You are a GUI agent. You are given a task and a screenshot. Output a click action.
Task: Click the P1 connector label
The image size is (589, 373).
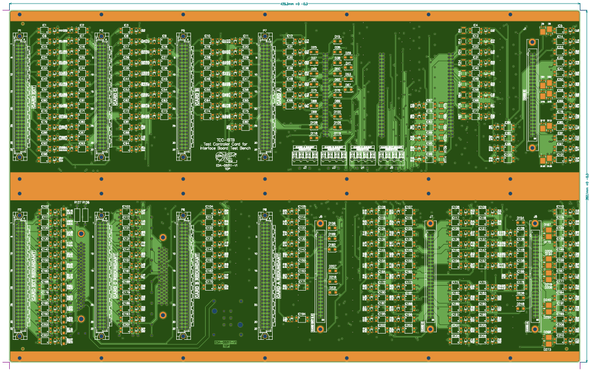(20, 30)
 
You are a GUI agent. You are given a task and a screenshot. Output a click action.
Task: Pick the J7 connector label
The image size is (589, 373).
(431, 217)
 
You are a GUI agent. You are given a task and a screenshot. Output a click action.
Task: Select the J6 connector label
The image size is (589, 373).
(321, 217)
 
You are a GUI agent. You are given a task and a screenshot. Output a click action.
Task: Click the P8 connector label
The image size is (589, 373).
(265, 210)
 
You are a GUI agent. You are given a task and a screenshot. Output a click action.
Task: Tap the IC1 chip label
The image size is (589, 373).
(44, 26)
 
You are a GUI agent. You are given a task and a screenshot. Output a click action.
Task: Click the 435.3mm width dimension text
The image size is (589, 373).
(294, 4)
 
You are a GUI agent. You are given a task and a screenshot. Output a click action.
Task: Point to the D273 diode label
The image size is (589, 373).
(547, 349)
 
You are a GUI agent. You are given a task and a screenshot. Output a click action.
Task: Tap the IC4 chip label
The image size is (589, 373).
(475, 26)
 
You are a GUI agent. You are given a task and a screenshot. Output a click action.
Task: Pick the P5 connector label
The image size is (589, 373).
(182, 30)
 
